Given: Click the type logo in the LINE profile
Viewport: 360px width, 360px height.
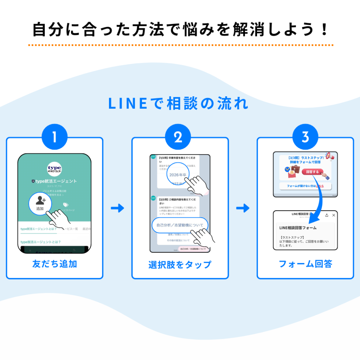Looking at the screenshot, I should click(x=54, y=169).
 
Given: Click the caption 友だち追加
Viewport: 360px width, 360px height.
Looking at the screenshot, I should click(x=54, y=264).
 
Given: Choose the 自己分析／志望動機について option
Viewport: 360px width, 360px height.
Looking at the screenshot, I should click(x=180, y=225).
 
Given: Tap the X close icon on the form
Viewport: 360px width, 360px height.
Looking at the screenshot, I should click(x=334, y=215).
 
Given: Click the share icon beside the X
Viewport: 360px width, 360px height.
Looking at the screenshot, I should click(x=327, y=215).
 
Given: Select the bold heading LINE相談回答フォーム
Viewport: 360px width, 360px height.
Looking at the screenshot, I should click(x=298, y=228).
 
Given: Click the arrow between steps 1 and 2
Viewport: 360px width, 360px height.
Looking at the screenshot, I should click(x=117, y=208).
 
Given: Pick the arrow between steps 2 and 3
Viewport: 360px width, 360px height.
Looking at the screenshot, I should click(x=243, y=208).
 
